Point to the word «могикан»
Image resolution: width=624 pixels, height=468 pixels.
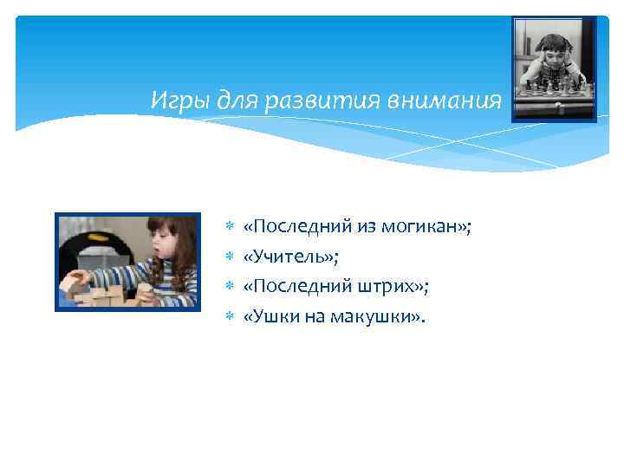coord(423,227)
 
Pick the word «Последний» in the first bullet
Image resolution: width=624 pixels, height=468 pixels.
coord(292,227)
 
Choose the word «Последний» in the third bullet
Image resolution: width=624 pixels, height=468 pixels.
coord(292,287)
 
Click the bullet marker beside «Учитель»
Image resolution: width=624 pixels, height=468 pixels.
coord(230,257)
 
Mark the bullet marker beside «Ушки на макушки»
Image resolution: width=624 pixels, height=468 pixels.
coord(230,317)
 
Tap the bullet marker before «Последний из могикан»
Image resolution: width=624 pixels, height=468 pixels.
coord(230,228)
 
